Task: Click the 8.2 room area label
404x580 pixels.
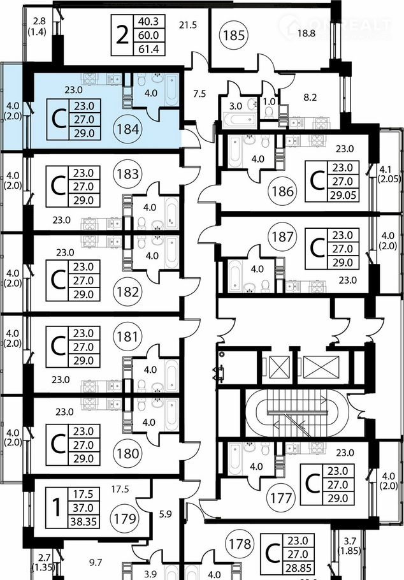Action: pos(310,98)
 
